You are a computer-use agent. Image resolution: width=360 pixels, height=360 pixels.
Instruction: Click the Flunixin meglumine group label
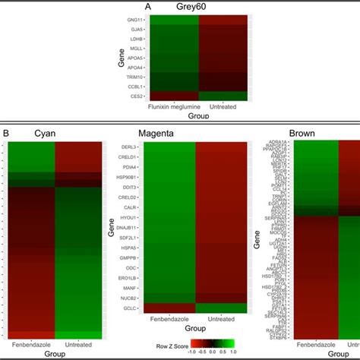173,106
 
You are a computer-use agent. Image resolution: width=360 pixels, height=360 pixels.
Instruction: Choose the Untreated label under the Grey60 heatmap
223,106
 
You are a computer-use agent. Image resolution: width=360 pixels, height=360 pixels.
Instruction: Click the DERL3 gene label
129,147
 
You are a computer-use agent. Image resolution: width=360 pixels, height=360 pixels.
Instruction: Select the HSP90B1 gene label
127,177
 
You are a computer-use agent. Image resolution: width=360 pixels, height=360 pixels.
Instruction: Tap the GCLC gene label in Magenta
130,308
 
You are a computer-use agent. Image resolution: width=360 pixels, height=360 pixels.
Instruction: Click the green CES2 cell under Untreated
223,96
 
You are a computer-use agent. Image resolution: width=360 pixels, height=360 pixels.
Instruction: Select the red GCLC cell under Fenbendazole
169,308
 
